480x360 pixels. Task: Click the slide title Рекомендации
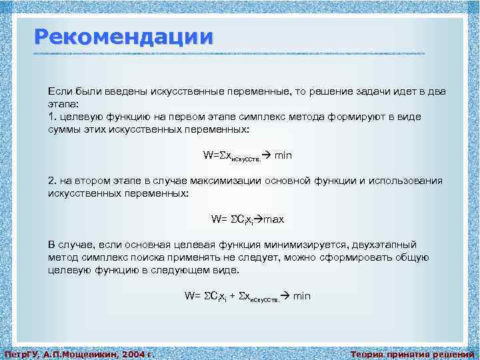click(124, 36)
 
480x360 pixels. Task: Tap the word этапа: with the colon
click(63, 105)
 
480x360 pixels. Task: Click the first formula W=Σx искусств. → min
click(247, 155)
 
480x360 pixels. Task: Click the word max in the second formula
click(274, 219)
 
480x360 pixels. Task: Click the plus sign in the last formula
click(231, 295)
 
